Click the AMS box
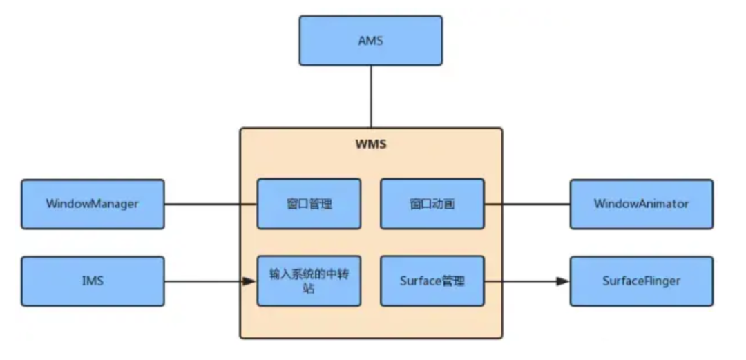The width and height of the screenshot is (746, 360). tap(370, 41)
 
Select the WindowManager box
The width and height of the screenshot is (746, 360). tap(93, 204)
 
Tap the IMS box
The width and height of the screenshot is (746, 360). tap(93, 281)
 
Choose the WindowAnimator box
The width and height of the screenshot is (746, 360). tap(641, 204)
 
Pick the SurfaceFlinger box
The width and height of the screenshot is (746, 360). tap(641, 281)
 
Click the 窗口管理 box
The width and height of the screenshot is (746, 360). tap(309, 204)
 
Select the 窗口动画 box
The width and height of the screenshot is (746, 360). tap(432, 204)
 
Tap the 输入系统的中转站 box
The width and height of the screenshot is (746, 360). tap(309, 281)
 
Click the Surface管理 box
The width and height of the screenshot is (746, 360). tap(432, 281)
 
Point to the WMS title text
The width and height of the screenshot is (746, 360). tap(370, 145)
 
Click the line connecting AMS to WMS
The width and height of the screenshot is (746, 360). tap(371, 97)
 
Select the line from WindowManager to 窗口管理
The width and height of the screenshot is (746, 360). tap(211, 204)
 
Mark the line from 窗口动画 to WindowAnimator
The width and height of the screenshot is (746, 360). tap(526, 204)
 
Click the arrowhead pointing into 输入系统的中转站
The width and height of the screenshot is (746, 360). tap(251, 281)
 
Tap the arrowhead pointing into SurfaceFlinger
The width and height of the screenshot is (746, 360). tap(563, 281)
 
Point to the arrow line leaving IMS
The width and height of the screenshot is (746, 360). tap(204, 281)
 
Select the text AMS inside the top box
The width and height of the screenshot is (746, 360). tap(370, 41)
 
